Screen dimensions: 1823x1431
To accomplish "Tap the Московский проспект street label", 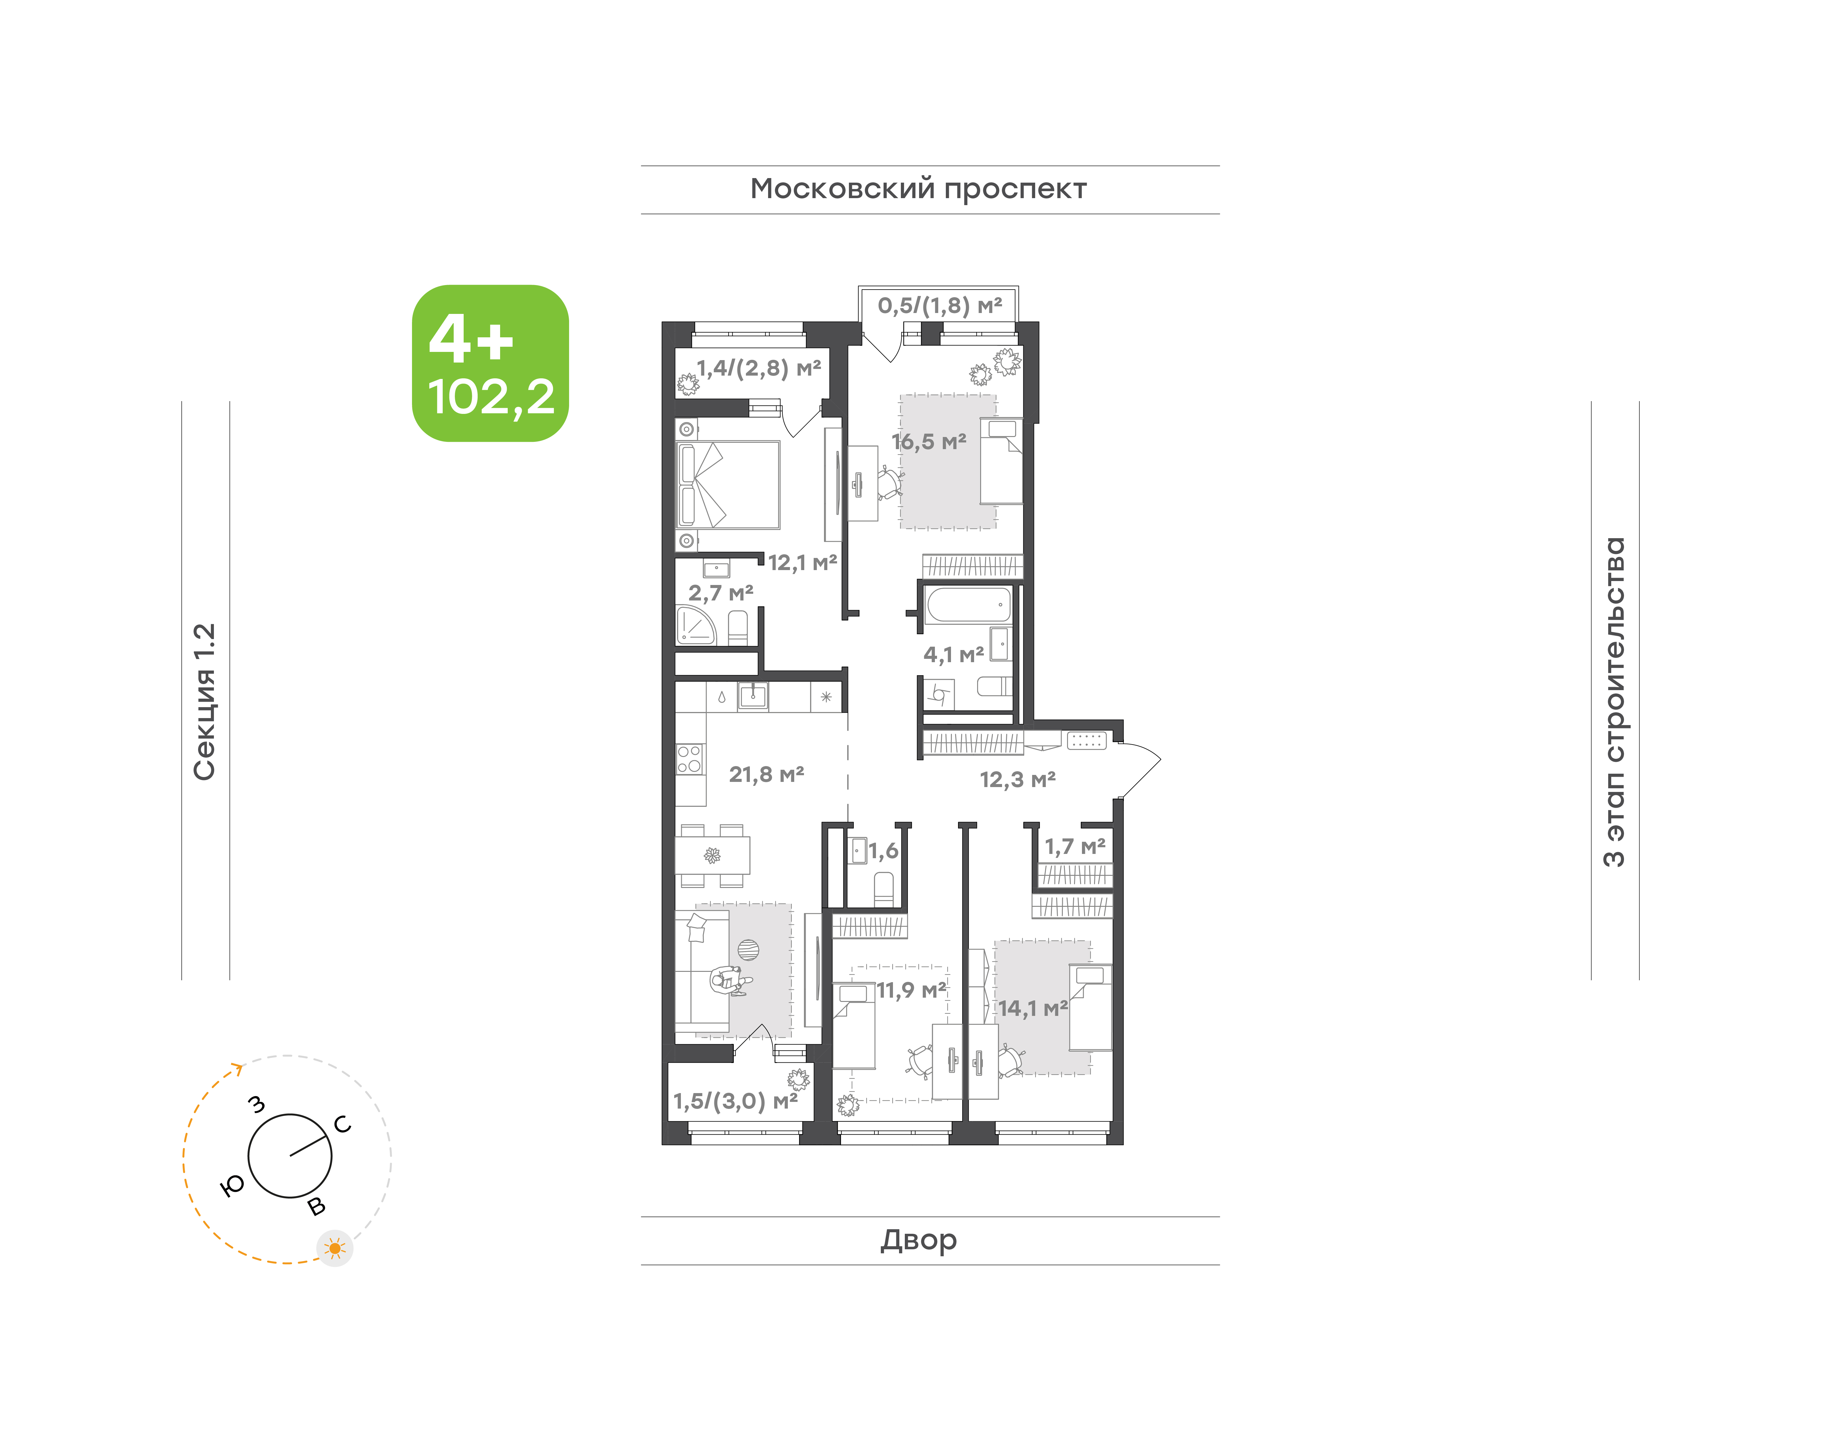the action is (x=918, y=189).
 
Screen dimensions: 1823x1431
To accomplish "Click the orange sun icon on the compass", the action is (x=335, y=1248).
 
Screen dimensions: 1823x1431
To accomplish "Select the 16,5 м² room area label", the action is (x=928, y=442).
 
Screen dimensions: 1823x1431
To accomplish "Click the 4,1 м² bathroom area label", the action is (x=953, y=654).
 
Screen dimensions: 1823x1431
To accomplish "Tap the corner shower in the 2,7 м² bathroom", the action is (x=695, y=625).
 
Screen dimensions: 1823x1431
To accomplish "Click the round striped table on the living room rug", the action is (x=748, y=950).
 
